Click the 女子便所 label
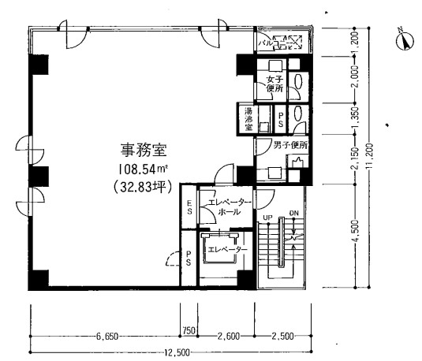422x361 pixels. tap(274, 85)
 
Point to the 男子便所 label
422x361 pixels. tap(290, 145)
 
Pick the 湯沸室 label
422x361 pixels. tap(248, 118)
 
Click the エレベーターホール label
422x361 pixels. tap(228, 207)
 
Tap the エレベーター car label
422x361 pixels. tap(227, 250)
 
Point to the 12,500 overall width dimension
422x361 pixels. tap(177, 352)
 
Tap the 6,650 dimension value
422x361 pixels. tap(107, 336)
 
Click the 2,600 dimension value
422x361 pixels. tap(229, 336)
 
